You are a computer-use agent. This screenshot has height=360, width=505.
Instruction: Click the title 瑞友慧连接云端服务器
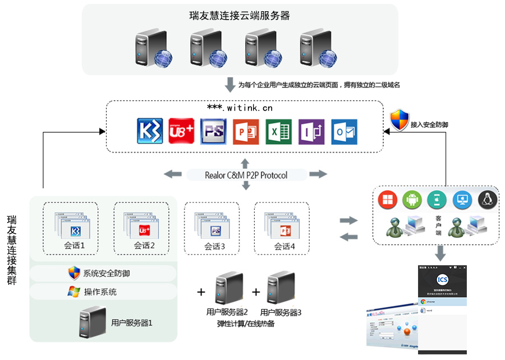(x=240, y=16)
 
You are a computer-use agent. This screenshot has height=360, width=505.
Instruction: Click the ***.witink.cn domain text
(x=240, y=108)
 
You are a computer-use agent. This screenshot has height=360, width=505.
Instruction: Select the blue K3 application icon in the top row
(x=150, y=132)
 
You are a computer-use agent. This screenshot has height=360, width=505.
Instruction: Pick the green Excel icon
(x=278, y=132)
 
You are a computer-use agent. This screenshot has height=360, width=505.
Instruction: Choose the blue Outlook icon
(x=343, y=132)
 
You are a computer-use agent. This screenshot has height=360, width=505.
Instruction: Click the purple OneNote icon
(x=311, y=132)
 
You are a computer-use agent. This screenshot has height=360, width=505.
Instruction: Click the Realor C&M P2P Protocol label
(x=246, y=175)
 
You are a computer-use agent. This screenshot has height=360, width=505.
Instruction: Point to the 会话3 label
(x=214, y=246)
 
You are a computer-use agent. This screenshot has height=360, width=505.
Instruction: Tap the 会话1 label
(x=74, y=246)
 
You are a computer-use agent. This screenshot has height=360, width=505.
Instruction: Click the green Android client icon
(x=411, y=199)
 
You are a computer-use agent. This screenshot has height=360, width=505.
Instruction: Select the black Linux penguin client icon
(x=487, y=199)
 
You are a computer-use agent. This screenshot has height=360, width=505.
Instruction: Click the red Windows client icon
(x=387, y=199)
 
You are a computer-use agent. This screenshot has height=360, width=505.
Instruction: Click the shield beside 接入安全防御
(x=399, y=120)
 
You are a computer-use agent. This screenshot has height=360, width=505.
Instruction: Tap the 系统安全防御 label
(x=107, y=274)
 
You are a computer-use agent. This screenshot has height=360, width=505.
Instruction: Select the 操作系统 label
(x=100, y=292)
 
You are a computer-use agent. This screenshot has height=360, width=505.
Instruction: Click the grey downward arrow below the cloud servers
(x=229, y=85)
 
